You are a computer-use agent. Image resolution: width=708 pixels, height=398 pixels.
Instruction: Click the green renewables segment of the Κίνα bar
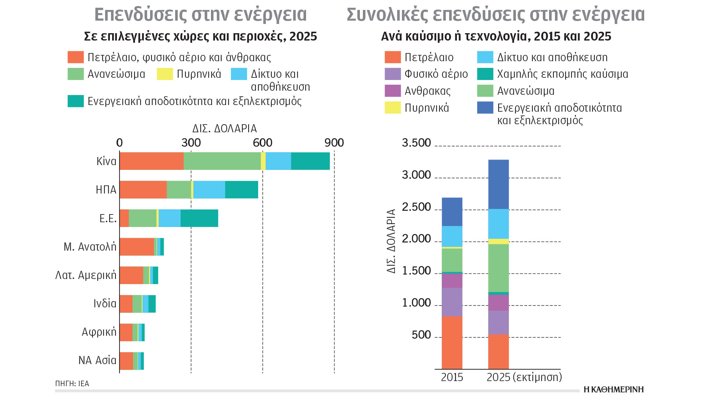coord(222,161)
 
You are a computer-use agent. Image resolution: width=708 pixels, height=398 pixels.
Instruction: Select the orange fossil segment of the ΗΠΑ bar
coord(143,189)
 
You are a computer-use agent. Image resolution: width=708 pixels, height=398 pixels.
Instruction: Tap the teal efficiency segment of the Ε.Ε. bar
coord(199,218)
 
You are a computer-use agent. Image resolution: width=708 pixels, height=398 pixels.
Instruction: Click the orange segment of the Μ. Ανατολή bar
coord(136,247)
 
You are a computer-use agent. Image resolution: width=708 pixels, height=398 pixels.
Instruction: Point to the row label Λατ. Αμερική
coord(86,275)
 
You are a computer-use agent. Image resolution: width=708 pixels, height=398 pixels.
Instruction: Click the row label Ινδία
coord(105,304)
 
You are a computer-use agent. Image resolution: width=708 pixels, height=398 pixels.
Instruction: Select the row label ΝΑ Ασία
coord(97,360)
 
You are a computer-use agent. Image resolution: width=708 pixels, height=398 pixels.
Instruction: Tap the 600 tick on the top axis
coord(263,143)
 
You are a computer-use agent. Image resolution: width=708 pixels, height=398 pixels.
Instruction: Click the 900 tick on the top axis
coord(334,143)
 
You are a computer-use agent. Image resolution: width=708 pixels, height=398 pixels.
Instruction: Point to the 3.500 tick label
coord(416,143)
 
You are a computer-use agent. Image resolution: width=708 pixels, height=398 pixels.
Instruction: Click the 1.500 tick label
coord(416,271)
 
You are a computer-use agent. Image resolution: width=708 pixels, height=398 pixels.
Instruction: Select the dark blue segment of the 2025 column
coord(498,184)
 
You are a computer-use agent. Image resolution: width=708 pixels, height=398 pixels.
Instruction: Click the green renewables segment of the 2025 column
coord(498,268)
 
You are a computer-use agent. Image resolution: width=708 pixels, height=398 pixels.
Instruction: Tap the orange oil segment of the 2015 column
coord(452,342)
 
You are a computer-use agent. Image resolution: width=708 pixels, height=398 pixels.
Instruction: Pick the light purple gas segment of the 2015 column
coord(452,302)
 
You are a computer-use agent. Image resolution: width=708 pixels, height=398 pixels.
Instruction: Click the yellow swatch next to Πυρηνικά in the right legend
coord(392,108)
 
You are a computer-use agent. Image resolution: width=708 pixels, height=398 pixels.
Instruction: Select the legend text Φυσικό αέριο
coord(436,74)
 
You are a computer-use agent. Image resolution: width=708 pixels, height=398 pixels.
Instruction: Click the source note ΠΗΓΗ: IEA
coord(72,384)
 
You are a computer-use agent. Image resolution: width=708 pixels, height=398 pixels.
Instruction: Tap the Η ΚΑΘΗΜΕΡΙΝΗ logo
coord(614,390)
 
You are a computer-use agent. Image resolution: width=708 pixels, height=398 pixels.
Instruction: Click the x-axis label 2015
coord(452,377)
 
